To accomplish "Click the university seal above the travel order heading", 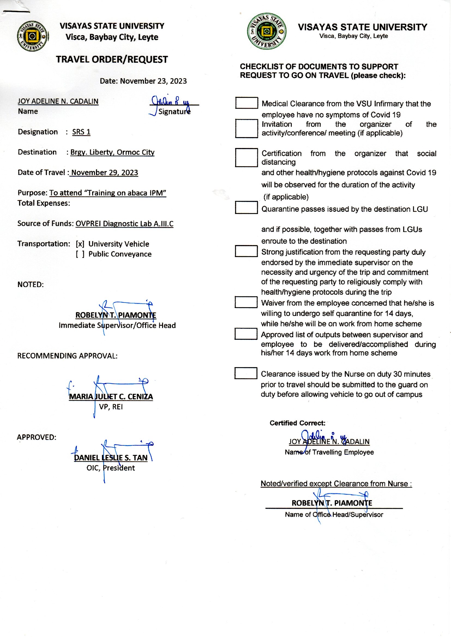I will [32, 36].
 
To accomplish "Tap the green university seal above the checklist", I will [266, 31].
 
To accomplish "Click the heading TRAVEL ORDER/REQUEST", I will [112, 59].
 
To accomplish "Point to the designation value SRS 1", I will [81, 132].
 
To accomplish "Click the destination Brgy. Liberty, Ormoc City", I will [112, 152].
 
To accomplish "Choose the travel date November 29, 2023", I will [104, 173].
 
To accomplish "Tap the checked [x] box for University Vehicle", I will [80, 244].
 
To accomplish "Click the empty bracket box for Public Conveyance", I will [80, 254].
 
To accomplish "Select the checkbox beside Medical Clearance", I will [246, 103].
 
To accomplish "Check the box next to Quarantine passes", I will [246, 207].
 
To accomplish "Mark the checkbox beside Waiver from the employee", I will [246, 302].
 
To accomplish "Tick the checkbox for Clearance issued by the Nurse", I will [246, 373].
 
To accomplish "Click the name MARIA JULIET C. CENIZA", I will [111, 396].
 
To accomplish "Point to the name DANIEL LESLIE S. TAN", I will [110, 458].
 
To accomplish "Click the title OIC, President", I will [110, 468].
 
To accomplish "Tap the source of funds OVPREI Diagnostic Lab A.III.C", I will [124, 224].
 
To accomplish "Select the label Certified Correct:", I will [297, 423].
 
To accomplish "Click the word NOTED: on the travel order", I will [31, 285].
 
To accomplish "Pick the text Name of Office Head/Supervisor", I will [334, 515].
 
